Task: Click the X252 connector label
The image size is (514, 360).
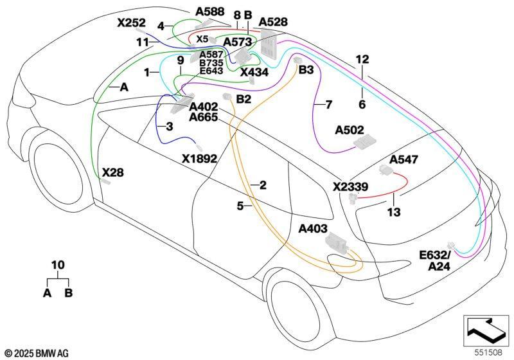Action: pyautogui.click(x=131, y=23)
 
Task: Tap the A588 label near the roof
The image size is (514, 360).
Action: pyautogui.click(x=210, y=12)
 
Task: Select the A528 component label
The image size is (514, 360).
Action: pyautogui.click(x=273, y=22)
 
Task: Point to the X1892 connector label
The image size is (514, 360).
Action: pyautogui.click(x=200, y=159)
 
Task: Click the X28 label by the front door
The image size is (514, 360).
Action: pyautogui.click(x=113, y=172)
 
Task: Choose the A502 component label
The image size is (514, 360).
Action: pyautogui.click(x=350, y=130)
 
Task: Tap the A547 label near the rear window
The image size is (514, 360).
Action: pyautogui.click(x=404, y=159)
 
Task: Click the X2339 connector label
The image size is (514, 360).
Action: pyautogui.click(x=350, y=187)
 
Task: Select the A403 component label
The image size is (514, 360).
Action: pyautogui.click(x=313, y=228)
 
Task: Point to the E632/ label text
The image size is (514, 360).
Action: pyautogui.click(x=436, y=255)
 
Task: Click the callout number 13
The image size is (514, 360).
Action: pyautogui.click(x=394, y=212)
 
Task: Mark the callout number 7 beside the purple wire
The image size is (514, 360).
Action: pyautogui.click(x=328, y=105)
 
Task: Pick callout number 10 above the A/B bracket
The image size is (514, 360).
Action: pyautogui.click(x=58, y=265)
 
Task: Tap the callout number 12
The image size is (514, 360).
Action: pyautogui.click(x=362, y=59)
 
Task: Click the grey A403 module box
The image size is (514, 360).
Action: pyautogui.click(x=336, y=243)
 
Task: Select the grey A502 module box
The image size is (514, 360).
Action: pyautogui.click(x=364, y=143)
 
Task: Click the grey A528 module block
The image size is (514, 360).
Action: pyautogui.click(x=269, y=44)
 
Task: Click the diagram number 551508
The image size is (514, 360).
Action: pyautogui.click(x=488, y=352)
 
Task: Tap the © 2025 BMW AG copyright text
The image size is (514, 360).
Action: pyautogui.click(x=37, y=353)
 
